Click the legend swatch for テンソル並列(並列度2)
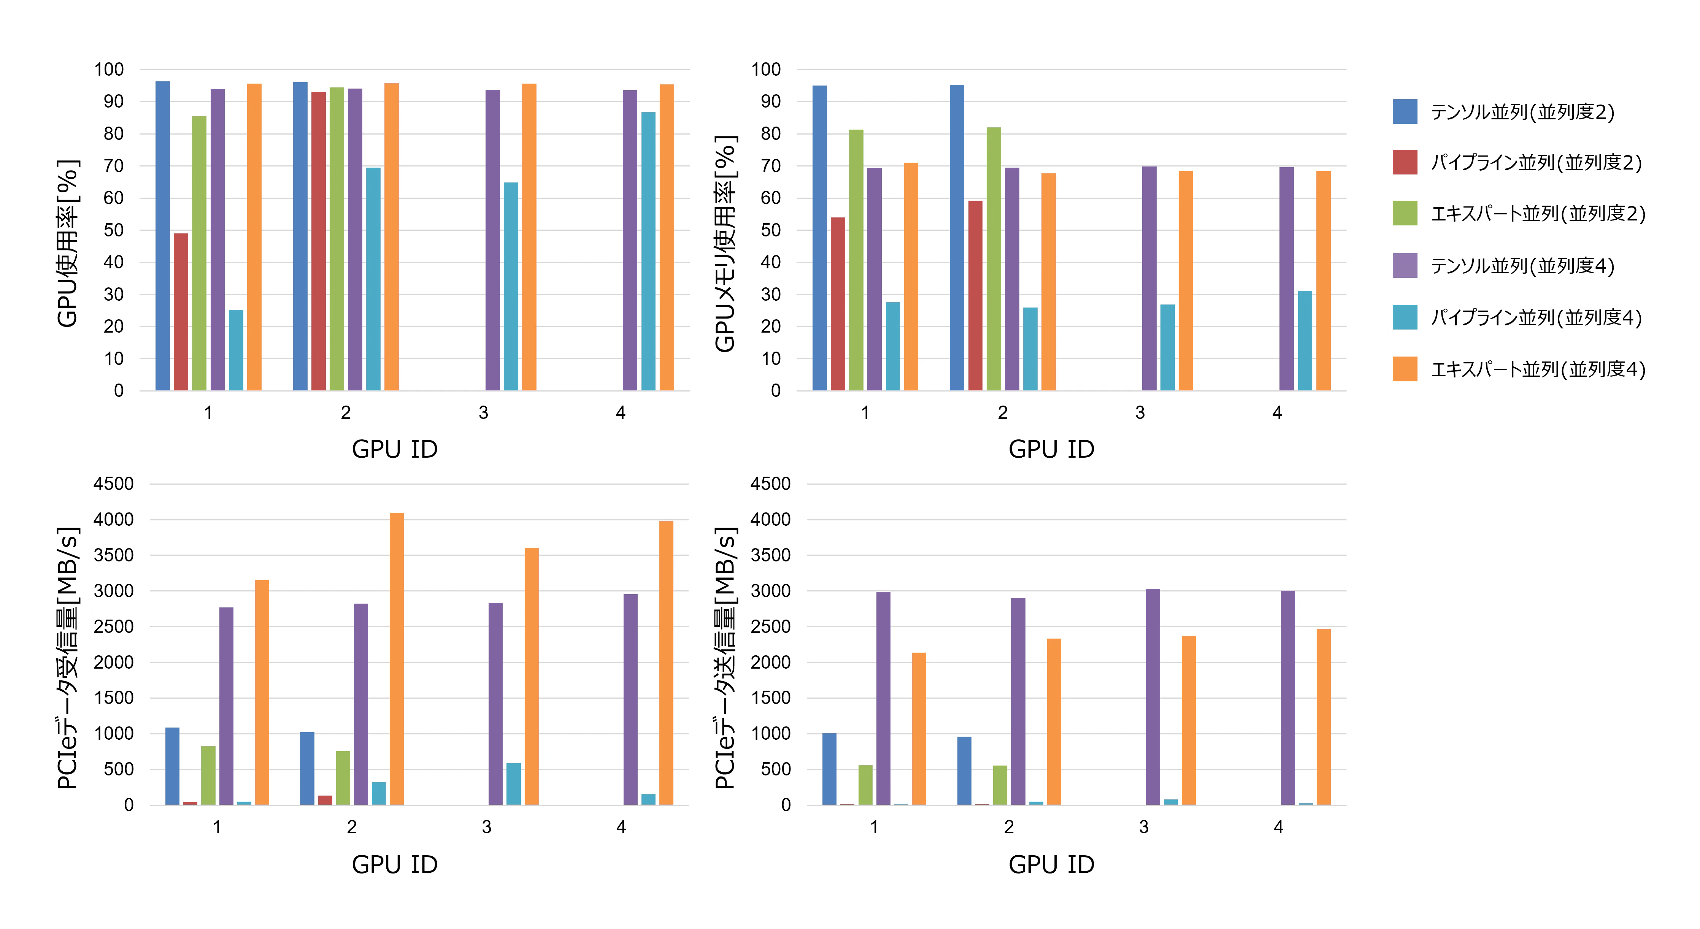coord(1404,111)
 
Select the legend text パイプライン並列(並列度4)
coord(1536,317)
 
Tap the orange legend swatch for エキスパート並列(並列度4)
coord(1404,369)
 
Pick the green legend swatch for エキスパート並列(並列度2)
coord(1404,213)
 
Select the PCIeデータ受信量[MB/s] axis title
coord(68,658)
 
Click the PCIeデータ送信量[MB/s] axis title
coord(725,658)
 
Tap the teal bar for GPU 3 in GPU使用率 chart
coord(511,286)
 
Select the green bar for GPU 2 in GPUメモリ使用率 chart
coord(994,258)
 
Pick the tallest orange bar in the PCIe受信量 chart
coord(397,658)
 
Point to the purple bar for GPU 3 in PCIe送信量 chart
coord(1153,697)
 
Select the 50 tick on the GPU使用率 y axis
coord(114,230)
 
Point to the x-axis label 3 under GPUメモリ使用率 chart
coord(1140,413)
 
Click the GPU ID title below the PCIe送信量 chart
coord(1051,864)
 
